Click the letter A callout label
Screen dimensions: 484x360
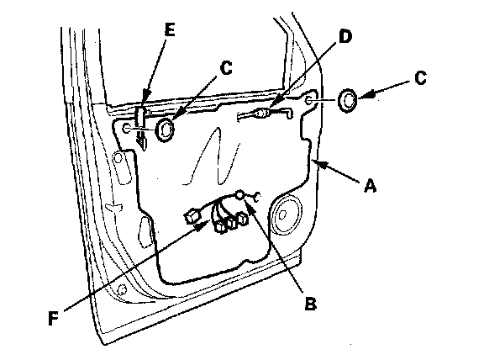tap(370, 187)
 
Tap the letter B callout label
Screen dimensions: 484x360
tap(311, 303)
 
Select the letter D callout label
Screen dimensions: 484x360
tap(345, 37)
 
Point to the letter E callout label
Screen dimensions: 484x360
tap(170, 30)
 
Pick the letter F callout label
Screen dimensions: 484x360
tap(54, 319)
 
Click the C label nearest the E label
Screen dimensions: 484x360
tap(226, 68)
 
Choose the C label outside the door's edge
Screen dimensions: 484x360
tap(420, 78)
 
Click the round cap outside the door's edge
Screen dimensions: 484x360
tap(348, 100)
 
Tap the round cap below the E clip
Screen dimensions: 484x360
tap(165, 130)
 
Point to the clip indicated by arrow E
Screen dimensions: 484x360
tap(141, 116)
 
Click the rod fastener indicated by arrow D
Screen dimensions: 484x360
tap(262, 114)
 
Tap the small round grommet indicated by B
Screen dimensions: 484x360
tap(240, 195)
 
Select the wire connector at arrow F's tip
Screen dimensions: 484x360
tap(192, 215)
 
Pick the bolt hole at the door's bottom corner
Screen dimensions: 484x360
tap(123, 289)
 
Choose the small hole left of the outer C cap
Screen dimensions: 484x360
tap(308, 100)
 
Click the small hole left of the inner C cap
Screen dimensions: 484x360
tap(127, 128)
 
